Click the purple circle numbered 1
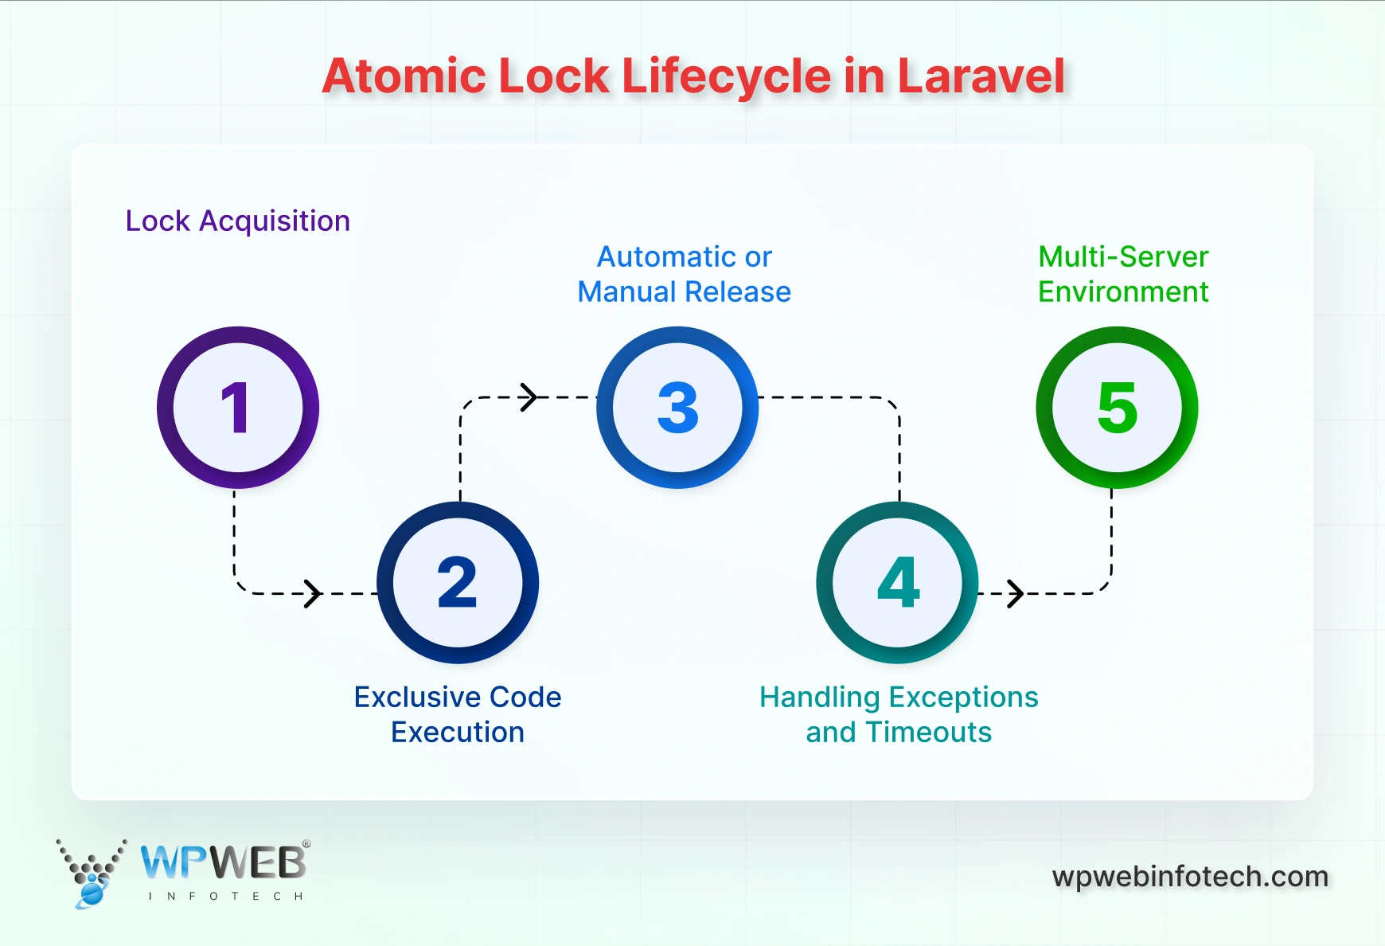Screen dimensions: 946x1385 [x=238, y=408]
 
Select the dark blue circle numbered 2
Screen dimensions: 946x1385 [x=458, y=583]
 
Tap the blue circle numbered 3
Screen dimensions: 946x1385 [x=677, y=408]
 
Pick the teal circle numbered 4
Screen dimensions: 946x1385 [x=897, y=583]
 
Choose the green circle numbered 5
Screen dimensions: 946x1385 [x=1117, y=408]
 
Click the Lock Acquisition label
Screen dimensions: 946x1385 [x=237, y=221]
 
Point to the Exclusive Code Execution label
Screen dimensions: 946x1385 [x=458, y=714]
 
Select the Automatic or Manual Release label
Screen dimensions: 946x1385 [x=684, y=274]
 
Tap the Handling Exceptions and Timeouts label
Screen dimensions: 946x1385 [x=898, y=714]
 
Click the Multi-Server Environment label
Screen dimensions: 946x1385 [x=1123, y=274]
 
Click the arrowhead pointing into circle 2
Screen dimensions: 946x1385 [x=314, y=593]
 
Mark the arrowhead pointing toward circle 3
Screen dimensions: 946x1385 [x=529, y=397]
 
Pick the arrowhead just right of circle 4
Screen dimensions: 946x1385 [x=1016, y=593]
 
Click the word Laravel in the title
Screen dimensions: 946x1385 [x=981, y=76]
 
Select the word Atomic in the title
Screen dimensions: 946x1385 [x=404, y=76]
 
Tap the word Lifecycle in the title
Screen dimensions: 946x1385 [x=726, y=76]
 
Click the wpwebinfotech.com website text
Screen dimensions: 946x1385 [x=1190, y=877]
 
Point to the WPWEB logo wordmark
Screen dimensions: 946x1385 [x=224, y=862]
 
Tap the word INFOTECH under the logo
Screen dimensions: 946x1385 [x=226, y=897]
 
